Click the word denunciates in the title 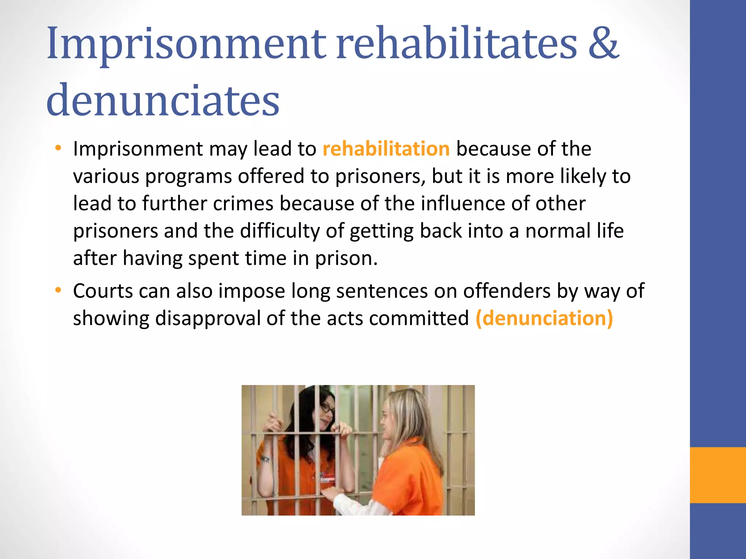coord(163,100)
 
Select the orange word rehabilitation coord(386,149)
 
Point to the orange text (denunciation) coord(544,318)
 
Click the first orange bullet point coord(58,148)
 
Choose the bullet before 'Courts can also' coord(58,290)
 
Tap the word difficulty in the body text coord(279,231)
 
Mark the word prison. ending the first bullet coord(346,259)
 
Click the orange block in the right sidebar coord(718,475)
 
